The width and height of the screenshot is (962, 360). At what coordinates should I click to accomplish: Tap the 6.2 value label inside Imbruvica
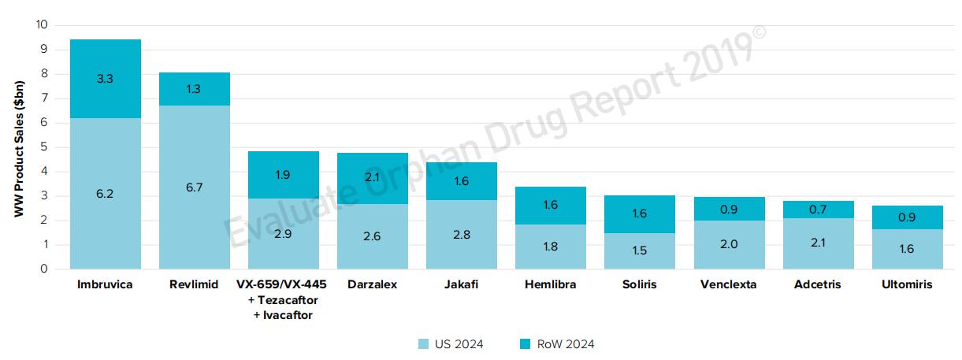(x=106, y=194)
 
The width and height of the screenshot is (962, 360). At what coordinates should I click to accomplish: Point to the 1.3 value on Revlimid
(x=195, y=89)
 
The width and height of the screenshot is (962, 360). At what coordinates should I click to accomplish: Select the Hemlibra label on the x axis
(x=551, y=285)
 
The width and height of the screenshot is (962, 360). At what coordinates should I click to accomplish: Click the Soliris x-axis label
(x=640, y=285)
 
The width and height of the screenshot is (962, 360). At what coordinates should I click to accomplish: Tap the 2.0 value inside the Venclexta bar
(x=729, y=244)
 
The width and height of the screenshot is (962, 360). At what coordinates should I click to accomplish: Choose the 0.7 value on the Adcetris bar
(x=818, y=210)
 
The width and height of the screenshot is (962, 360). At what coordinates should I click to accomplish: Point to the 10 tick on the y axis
(x=42, y=25)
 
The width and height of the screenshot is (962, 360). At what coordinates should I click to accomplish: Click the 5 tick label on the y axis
(x=45, y=147)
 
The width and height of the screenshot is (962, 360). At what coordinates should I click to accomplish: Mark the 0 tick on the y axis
(x=45, y=269)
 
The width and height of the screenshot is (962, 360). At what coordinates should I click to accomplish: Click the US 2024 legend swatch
(x=422, y=344)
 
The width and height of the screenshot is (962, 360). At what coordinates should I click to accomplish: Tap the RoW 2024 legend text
(x=565, y=344)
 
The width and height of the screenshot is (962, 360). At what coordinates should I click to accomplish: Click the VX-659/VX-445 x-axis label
(x=284, y=285)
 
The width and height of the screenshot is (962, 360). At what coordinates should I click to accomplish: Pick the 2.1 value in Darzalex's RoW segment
(x=373, y=178)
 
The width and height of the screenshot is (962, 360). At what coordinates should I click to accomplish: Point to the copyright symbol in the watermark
(x=760, y=32)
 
